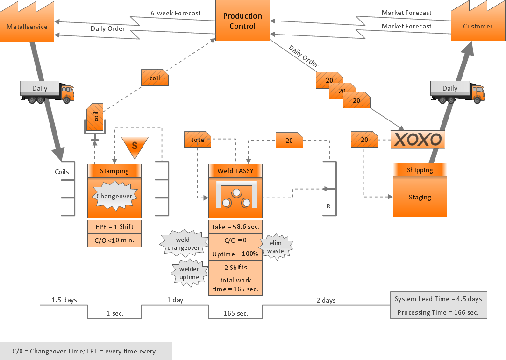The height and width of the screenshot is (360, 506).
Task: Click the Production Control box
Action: (242, 21)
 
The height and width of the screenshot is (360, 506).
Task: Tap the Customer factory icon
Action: (477, 24)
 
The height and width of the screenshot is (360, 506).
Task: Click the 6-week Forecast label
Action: (176, 13)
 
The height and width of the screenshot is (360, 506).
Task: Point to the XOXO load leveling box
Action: (417, 139)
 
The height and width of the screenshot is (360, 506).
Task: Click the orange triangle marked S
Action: (135, 145)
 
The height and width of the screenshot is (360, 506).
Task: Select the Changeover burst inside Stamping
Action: (114, 196)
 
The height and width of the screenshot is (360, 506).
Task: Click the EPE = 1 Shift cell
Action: (114, 227)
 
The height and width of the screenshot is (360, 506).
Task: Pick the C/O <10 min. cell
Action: (114, 240)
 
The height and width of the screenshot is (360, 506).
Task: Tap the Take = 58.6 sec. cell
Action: (235, 227)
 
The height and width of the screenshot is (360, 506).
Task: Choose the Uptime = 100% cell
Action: (235, 254)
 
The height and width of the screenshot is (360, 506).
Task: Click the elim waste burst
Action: (276, 247)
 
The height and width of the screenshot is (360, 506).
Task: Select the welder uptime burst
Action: (189, 273)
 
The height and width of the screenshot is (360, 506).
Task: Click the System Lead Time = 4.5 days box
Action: (438, 299)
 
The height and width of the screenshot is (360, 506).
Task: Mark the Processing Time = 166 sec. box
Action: (438, 312)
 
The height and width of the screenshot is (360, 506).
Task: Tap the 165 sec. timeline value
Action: (236, 313)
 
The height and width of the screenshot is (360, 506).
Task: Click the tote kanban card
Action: (198, 140)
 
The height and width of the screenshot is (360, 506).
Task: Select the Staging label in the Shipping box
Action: (420, 197)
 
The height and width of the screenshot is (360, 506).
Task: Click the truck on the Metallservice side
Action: (47, 92)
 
